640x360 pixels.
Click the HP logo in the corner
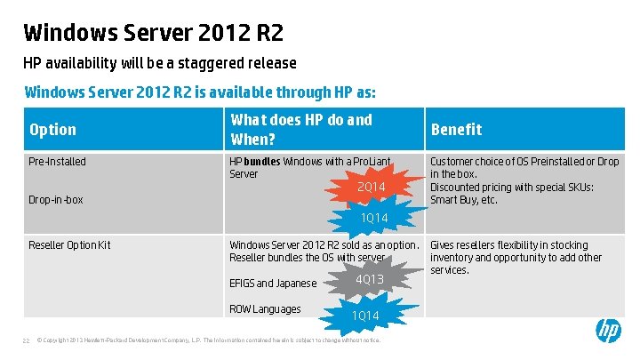(x=608, y=332)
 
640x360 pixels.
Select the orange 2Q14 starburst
(x=371, y=187)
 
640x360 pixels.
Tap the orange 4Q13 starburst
(x=369, y=279)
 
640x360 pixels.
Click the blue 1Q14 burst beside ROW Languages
(x=364, y=316)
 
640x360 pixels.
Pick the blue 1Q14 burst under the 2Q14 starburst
(x=374, y=218)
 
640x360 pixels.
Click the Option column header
(x=53, y=130)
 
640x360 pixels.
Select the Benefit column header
(x=456, y=130)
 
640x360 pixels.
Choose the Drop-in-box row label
(x=56, y=200)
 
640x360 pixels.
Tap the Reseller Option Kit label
(x=70, y=245)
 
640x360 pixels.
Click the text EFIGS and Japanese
(x=273, y=284)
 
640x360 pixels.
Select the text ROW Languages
(x=265, y=309)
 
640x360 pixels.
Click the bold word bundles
(x=262, y=162)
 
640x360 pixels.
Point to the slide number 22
(x=27, y=340)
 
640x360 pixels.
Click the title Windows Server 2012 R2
(x=154, y=33)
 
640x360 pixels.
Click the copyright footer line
(x=209, y=340)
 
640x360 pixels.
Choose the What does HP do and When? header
(x=301, y=130)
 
